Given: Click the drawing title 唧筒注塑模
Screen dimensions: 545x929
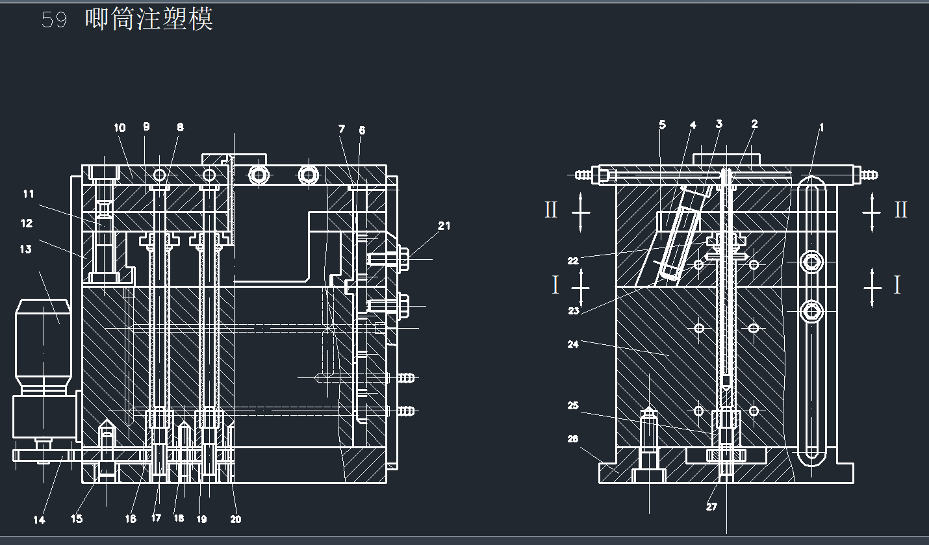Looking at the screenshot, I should (149, 19).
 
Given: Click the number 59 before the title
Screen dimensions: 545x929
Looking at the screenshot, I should (54, 20).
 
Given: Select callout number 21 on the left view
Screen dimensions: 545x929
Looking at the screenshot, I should (444, 226).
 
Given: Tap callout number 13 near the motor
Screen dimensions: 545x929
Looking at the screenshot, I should (25, 249).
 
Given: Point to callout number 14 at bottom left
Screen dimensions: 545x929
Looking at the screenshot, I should (40, 520).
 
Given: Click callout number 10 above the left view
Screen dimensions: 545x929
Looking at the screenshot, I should (120, 128).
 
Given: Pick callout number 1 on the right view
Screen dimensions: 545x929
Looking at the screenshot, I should (821, 128).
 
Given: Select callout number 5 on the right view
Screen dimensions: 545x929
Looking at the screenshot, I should (662, 125).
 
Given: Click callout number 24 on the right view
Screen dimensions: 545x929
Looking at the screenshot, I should (572, 344).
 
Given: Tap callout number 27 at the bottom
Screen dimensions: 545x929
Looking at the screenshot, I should (711, 507).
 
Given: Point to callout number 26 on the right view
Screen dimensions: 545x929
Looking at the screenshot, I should (572, 439).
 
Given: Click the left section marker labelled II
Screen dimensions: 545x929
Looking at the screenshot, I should (551, 210).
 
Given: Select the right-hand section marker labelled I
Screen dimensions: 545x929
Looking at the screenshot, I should (897, 285).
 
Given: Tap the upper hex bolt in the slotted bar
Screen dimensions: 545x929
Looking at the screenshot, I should (811, 262).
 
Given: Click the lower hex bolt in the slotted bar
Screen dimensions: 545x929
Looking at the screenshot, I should (811, 312).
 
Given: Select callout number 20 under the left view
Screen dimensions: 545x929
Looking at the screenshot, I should (236, 519).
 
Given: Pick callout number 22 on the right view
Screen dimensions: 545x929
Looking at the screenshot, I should (572, 261).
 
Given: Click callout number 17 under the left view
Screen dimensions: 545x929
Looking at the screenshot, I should (156, 518).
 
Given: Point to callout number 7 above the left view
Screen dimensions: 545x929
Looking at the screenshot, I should (342, 129).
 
